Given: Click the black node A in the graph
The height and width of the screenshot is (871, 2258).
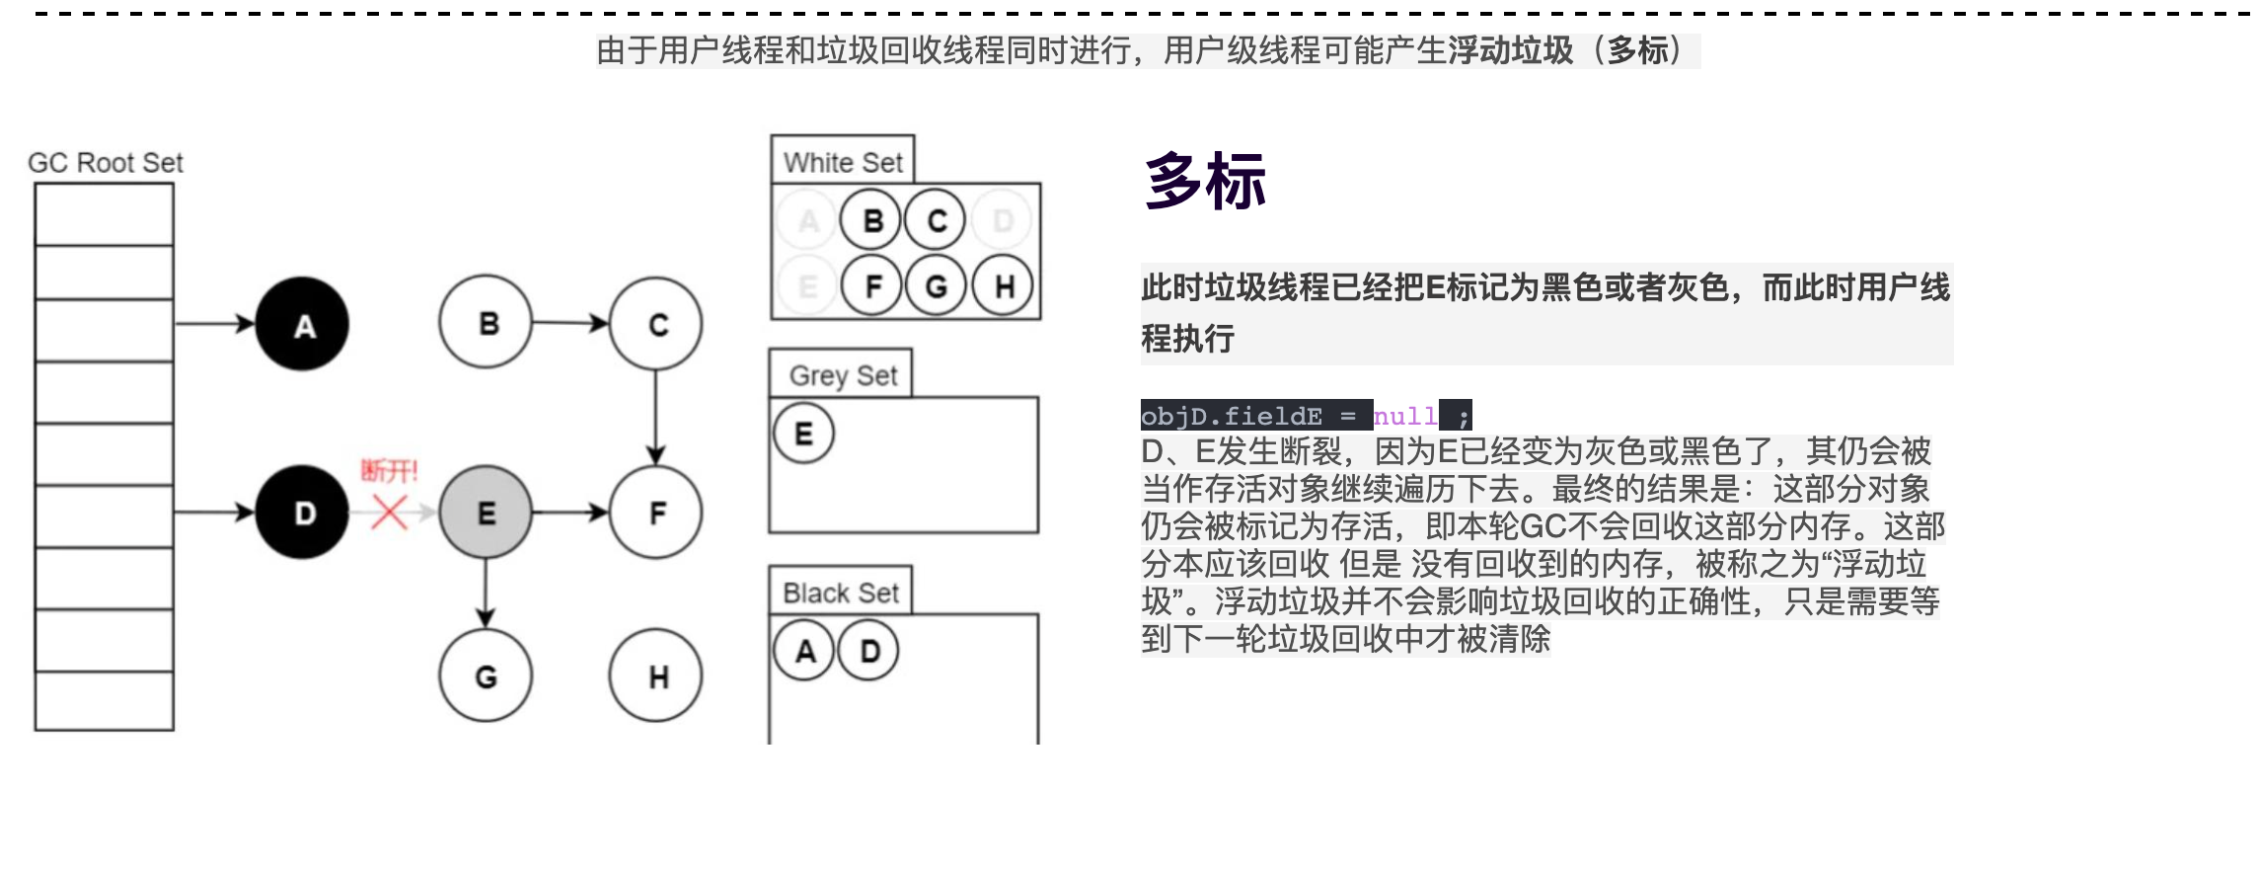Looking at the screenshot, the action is coord(302,324).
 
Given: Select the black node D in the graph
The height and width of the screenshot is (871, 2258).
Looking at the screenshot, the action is coord(302,512).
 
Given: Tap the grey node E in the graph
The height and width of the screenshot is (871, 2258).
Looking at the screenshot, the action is coord(486,512).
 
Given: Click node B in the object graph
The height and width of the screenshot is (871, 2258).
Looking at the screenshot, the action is coord(486,322).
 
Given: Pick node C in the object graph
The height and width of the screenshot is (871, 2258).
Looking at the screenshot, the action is coord(656,324).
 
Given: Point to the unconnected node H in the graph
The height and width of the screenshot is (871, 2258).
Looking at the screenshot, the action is coord(656,675).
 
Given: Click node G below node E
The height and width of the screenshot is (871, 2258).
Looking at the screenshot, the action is coord(486,675).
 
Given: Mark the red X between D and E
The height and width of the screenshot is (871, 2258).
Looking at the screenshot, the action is coord(389,512).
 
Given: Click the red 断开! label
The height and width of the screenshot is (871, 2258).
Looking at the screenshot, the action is coord(390,470).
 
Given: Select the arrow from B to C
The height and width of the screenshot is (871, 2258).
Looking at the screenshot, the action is coord(570,322).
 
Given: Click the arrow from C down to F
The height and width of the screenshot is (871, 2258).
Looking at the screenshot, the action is coord(656,418).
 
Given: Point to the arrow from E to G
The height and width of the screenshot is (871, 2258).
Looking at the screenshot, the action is coord(486,594).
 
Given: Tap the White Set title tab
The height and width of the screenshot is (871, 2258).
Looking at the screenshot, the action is coord(843,160).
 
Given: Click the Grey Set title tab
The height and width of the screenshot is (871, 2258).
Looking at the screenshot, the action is coord(841,374).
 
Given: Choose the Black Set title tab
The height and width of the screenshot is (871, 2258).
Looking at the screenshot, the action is coord(841,591).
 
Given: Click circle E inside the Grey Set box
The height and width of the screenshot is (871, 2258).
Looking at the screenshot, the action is coord(803,433).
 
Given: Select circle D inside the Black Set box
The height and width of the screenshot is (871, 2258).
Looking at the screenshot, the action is coord(868,651).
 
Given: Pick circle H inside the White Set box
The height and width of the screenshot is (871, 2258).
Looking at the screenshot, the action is coord(1003,285).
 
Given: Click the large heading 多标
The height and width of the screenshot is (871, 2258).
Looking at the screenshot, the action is coord(1205,182).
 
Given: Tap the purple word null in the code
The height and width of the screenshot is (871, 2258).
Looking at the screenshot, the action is coord(1405,416).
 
